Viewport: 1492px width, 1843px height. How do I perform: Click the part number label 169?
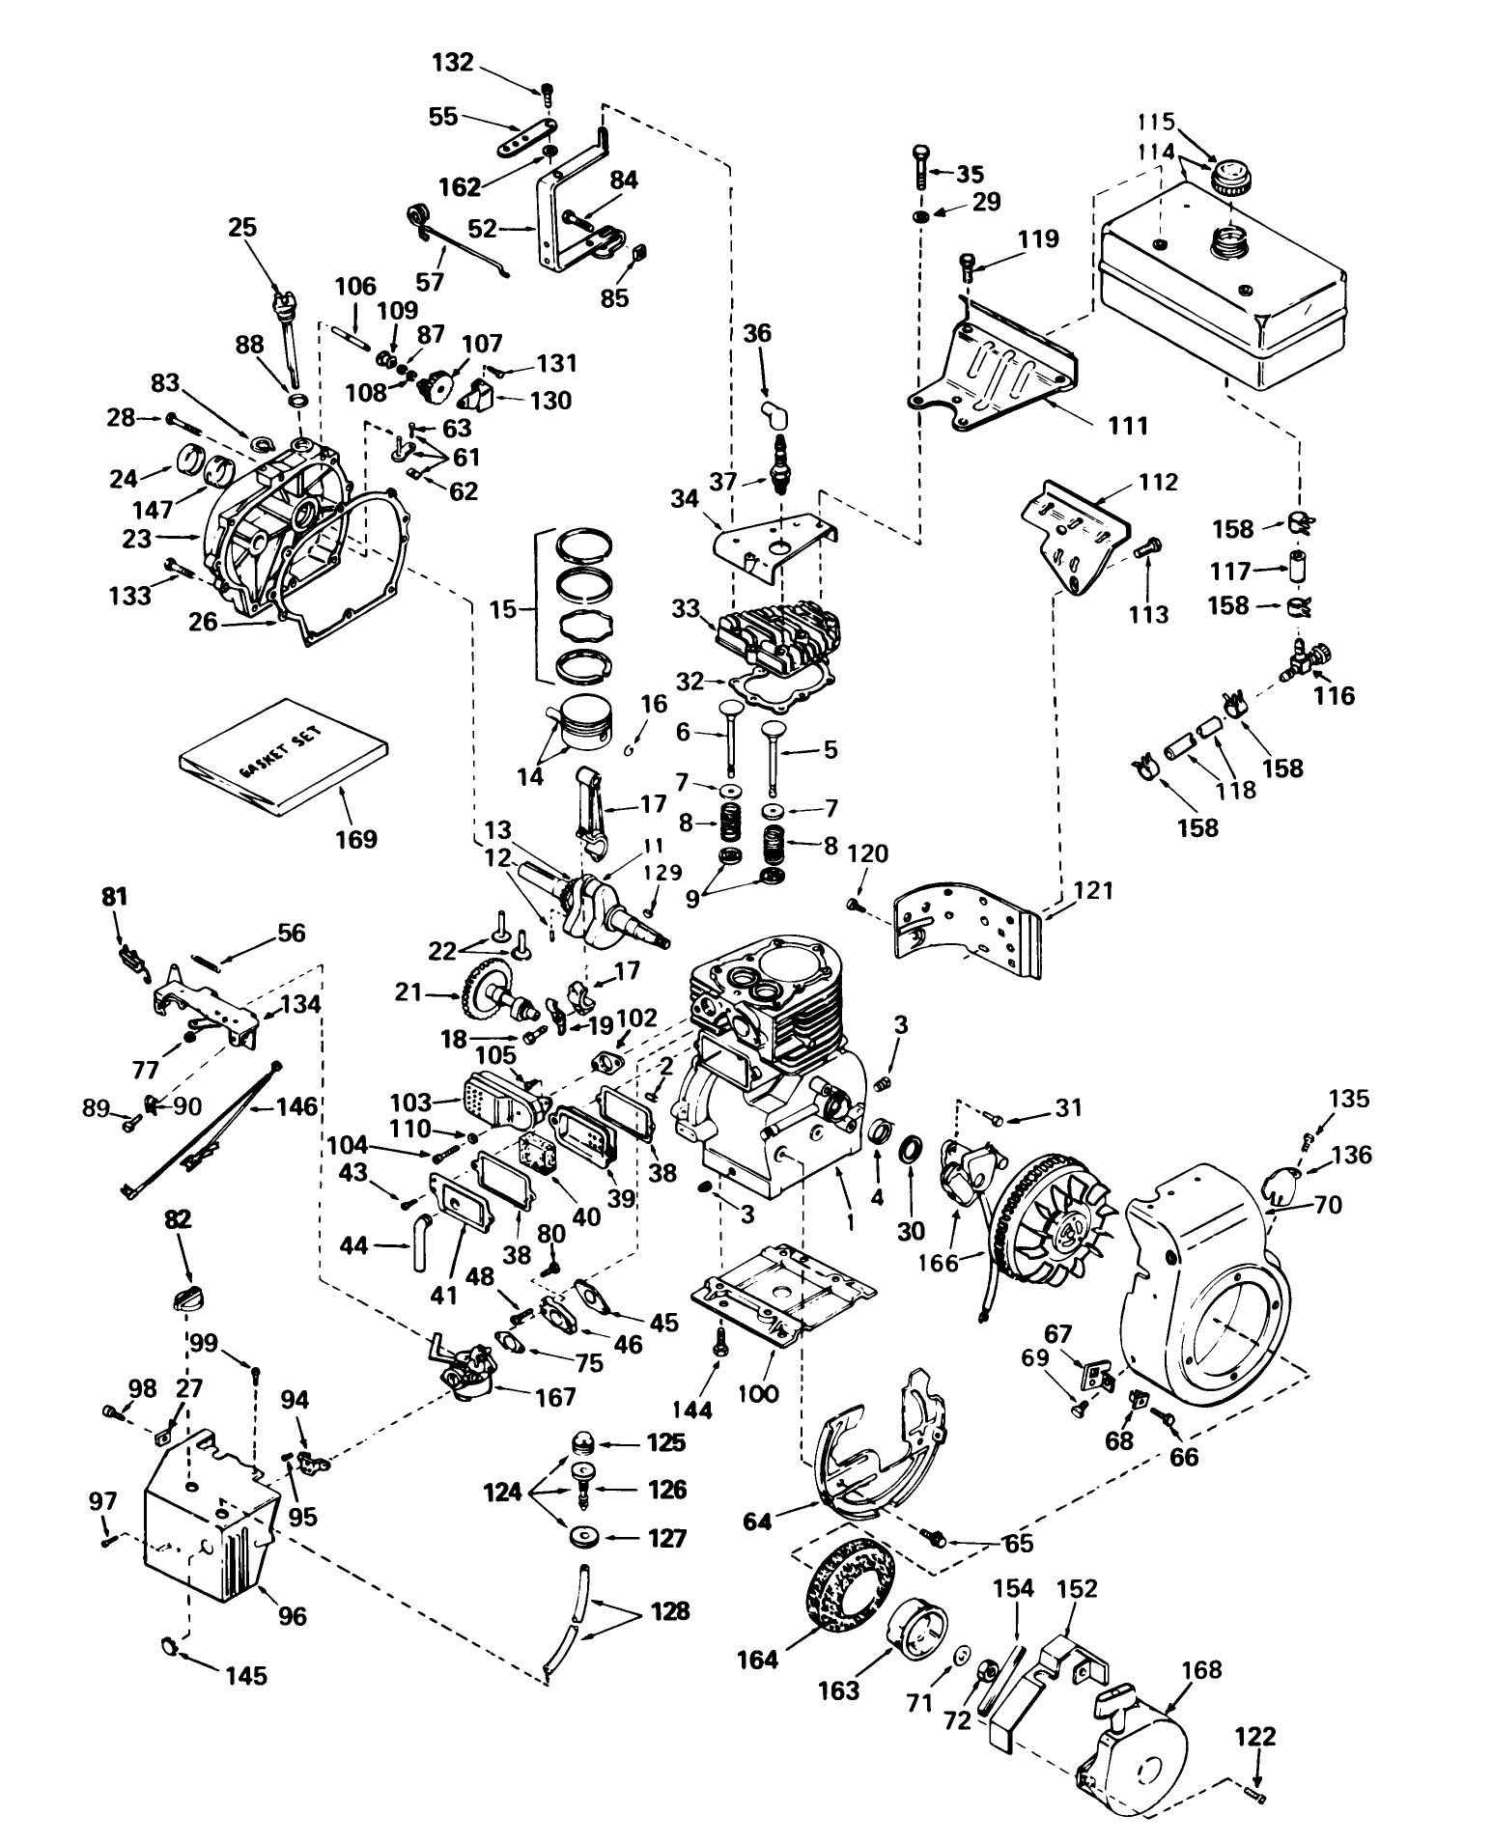(x=355, y=838)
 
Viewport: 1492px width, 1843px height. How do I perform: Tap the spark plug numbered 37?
(x=773, y=464)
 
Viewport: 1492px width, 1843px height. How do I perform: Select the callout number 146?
(x=296, y=1105)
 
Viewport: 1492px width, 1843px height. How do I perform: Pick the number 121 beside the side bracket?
(x=1092, y=889)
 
